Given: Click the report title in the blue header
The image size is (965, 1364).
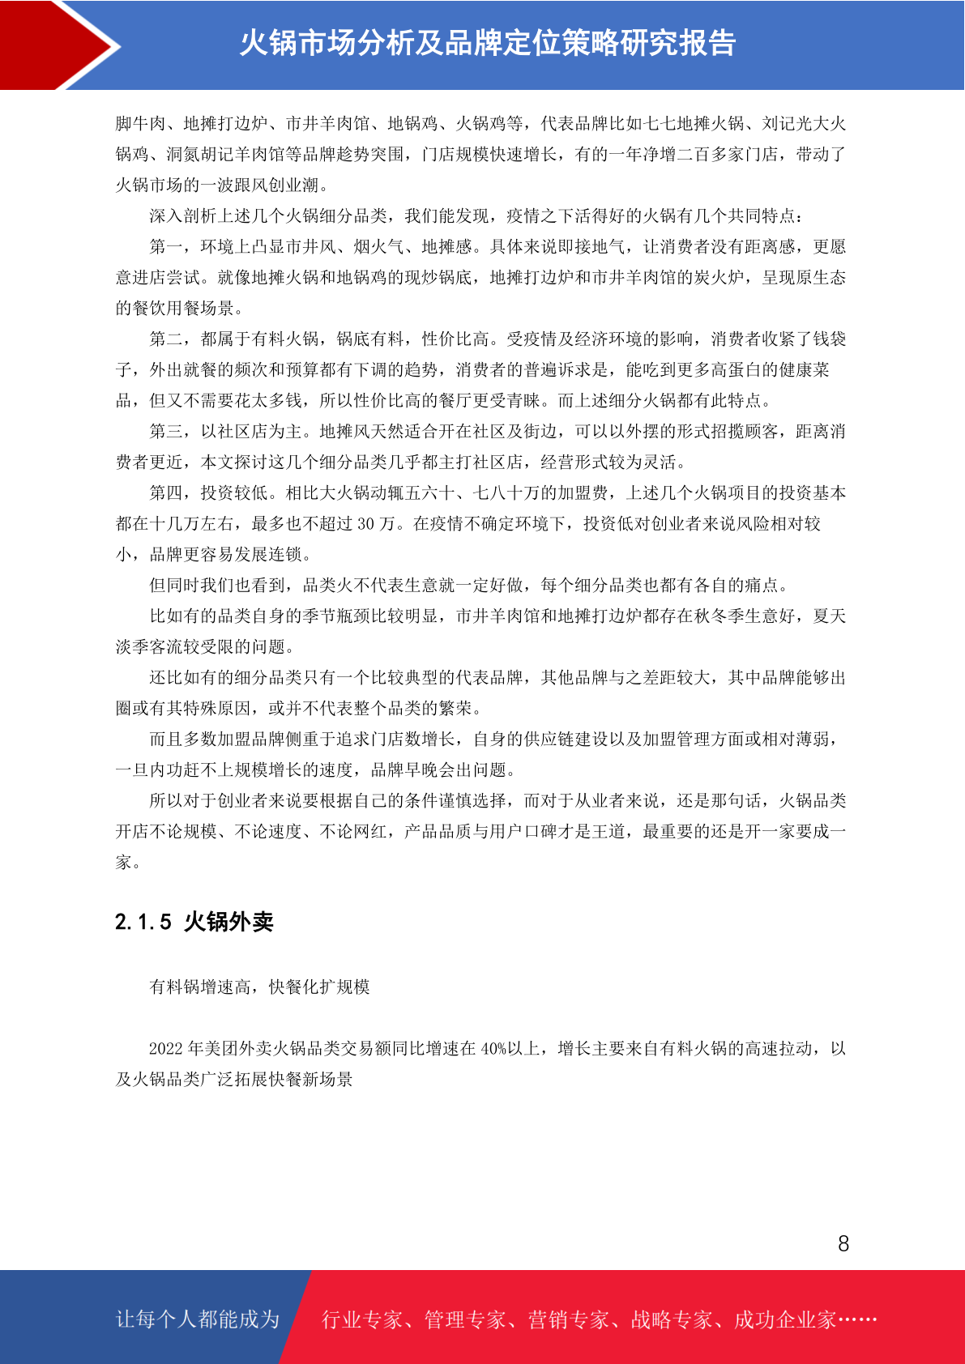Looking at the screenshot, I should coord(487,43).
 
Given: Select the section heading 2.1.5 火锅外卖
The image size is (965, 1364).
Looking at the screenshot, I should coord(194,922).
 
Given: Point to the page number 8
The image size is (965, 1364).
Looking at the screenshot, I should coord(843,1244).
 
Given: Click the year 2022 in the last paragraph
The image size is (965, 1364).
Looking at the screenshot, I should coord(166,1049).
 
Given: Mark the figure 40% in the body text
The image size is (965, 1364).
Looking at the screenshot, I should coord(493,1049).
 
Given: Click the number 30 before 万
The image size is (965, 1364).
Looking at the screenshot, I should coord(366,524).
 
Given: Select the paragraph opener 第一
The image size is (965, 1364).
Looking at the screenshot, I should coord(166,247).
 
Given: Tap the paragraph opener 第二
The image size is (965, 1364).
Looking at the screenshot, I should coord(166,339).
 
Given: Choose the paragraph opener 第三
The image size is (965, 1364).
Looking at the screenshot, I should coord(166,432).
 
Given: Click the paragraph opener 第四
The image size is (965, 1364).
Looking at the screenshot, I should coord(166,493).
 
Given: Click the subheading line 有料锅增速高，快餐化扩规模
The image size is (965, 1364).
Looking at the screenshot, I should coord(259,987).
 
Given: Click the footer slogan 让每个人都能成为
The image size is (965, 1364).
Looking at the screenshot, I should coord(198,1319).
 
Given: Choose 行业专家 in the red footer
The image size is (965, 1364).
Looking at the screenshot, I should coord(362,1320).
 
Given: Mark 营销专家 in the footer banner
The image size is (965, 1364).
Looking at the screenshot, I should coord(568,1320).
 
